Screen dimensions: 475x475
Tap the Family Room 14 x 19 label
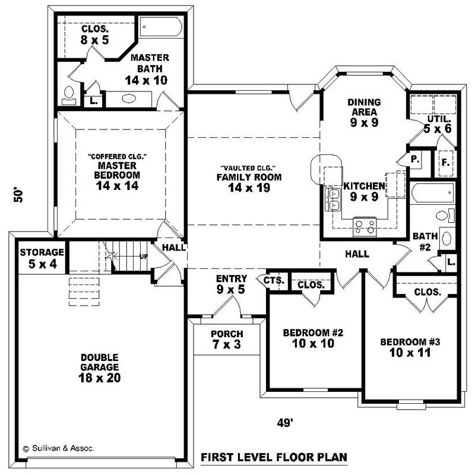tap(249, 182)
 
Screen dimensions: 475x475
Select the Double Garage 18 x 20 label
tap(100, 368)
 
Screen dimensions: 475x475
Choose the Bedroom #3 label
tap(410, 347)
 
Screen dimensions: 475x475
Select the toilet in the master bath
tap(69, 94)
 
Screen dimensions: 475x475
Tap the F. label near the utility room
tap(445, 161)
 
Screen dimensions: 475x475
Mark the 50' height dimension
tap(20, 196)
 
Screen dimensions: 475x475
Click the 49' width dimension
tap(286, 422)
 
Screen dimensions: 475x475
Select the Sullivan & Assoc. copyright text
tap(58, 448)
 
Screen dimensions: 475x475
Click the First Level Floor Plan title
tap(274, 457)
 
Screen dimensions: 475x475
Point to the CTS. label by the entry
tap(275, 280)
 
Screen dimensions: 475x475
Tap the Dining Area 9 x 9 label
tap(364, 113)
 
